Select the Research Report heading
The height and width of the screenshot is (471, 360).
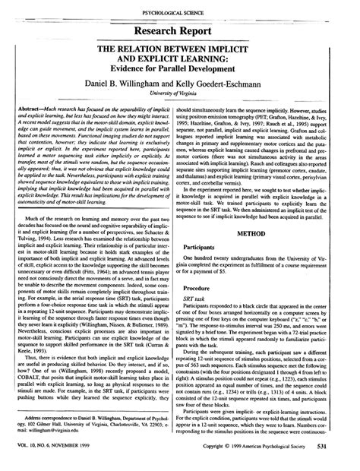(179, 31)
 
